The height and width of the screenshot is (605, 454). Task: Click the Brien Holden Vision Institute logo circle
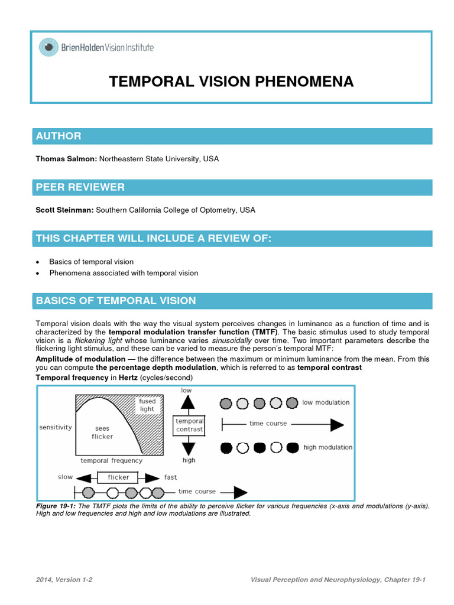[49, 47]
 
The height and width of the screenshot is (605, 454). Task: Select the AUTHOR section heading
[59, 136]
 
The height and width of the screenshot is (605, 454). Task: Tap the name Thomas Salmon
[66, 159]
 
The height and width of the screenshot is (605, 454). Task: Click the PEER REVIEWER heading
[80, 187]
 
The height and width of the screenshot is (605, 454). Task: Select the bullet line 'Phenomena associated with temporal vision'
[124, 273]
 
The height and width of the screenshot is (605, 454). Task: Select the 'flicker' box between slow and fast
[118, 477]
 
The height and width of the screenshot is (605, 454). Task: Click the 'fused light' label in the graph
[147, 405]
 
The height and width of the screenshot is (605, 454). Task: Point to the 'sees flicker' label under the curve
[102, 432]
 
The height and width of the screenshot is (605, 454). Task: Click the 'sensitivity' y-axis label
[55, 427]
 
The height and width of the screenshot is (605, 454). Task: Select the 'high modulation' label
[327, 447]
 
